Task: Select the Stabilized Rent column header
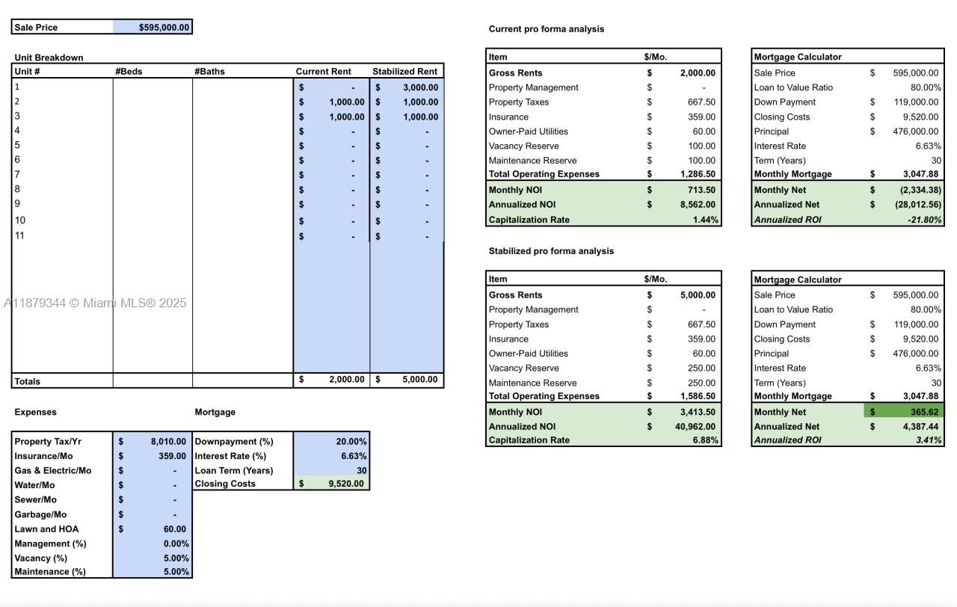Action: [x=404, y=72]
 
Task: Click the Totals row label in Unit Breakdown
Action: [x=28, y=381]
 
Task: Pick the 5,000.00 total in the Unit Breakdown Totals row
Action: [x=419, y=380]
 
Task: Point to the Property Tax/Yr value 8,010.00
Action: [x=167, y=442]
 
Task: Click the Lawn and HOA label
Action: [x=46, y=529]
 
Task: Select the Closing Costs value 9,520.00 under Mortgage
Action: [x=345, y=484]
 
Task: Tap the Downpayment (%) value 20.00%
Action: [x=351, y=442]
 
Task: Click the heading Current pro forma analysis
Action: [x=546, y=29]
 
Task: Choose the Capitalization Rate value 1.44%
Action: [x=705, y=220]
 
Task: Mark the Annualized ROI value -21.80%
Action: [x=924, y=220]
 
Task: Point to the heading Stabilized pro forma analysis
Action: [x=551, y=251]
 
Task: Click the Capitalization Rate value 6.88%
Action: [x=705, y=440]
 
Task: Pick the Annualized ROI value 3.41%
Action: [x=928, y=440]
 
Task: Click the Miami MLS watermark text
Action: [x=95, y=303]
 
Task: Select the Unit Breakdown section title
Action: [x=49, y=58]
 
